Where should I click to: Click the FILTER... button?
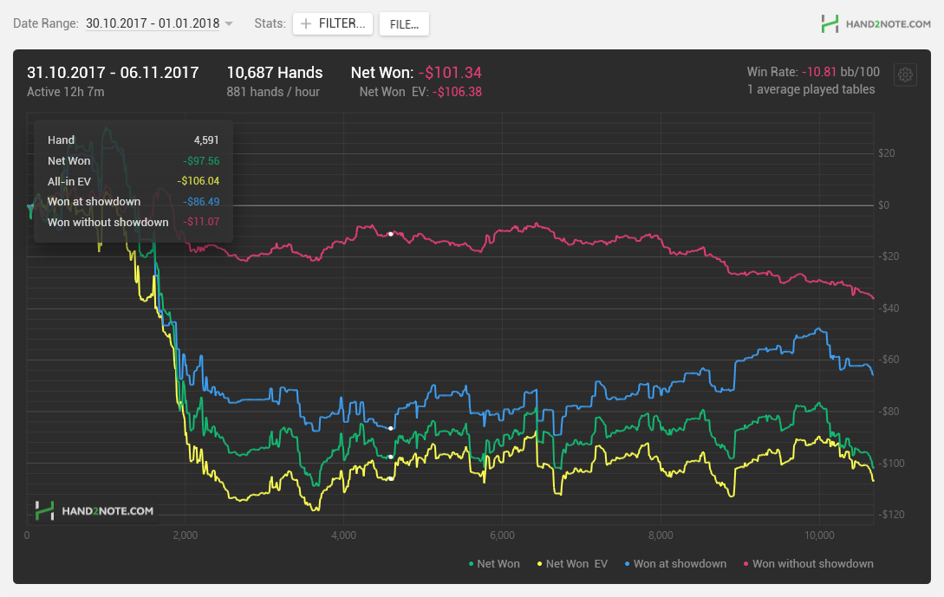click(333, 23)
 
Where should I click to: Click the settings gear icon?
click(905, 75)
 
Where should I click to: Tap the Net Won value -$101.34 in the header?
click(450, 73)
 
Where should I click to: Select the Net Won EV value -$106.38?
click(457, 92)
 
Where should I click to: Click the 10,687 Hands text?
click(275, 73)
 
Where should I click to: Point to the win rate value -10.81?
click(819, 72)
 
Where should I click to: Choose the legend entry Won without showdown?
click(809, 564)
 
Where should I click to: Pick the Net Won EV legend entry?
click(572, 564)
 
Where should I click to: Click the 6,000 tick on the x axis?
click(502, 535)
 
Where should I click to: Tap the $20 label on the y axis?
click(887, 153)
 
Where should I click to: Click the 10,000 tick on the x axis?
click(819, 535)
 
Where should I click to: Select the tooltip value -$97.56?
click(201, 160)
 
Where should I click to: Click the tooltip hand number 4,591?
click(206, 140)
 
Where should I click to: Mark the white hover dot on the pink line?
click(391, 233)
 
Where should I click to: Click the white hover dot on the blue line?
click(391, 428)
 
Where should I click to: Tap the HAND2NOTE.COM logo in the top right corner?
click(876, 24)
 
